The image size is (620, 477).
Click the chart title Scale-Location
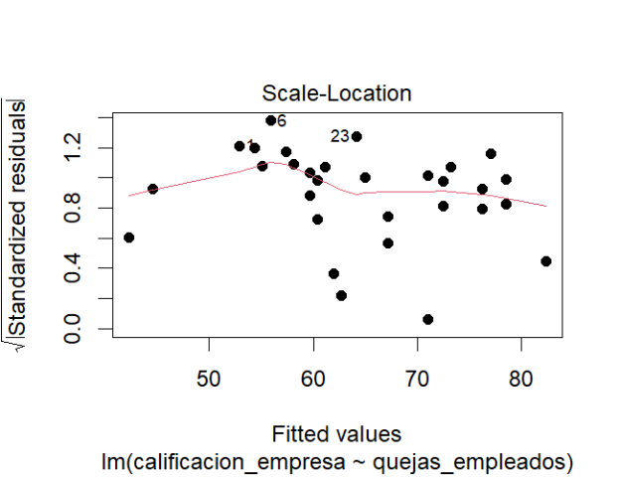point(336,94)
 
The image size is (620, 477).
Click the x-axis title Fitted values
point(336,435)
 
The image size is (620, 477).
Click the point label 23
point(340,136)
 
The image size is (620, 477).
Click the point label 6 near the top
point(282,121)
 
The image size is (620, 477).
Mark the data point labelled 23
point(357,136)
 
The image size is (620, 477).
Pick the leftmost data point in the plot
point(129,238)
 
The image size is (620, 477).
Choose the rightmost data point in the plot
point(545,261)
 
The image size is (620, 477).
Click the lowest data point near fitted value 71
point(428,319)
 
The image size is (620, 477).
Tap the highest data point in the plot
point(270,120)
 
